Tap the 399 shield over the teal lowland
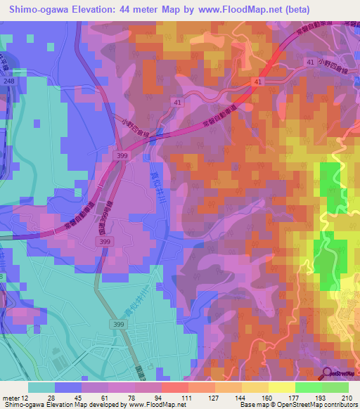tap(117, 324)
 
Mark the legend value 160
tap(266, 397)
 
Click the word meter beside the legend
tap(11, 397)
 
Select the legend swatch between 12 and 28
tap(41, 387)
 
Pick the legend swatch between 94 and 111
tap(174, 387)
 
